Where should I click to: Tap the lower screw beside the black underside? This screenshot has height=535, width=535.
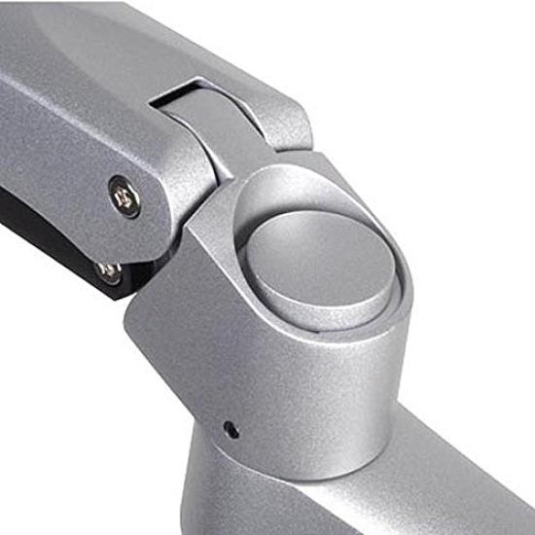(110, 271)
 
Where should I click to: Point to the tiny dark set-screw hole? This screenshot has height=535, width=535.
(230, 425)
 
